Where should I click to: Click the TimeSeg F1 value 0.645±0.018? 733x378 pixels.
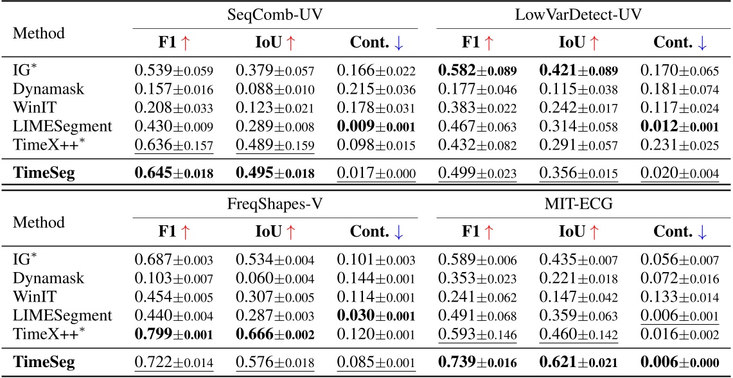[x=173, y=173]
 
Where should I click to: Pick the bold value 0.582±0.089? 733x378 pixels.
[x=477, y=69]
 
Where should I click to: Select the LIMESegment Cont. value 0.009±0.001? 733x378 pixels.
[x=376, y=127]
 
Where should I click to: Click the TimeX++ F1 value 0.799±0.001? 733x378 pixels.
[x=173, y=334]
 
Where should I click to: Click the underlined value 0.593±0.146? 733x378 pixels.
[x=477, y=334]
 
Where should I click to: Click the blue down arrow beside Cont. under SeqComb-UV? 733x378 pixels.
[x=399, y=42]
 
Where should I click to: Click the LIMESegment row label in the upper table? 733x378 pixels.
[x=62, y=127]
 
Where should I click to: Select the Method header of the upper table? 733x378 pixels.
[x=39, y=33]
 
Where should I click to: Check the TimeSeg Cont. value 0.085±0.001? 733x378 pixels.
[x=376, y=362]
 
